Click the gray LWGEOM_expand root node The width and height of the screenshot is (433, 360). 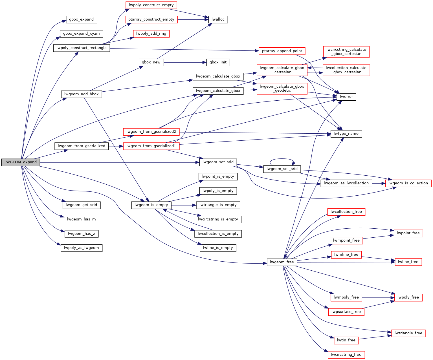[x=21, y=162]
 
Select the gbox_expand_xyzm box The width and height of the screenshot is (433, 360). [x=81, y=34]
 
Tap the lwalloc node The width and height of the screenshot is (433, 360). [x=218, y=19]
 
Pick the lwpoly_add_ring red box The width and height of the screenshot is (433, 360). [x=151, y=34]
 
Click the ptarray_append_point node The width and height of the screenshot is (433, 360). [x=282, y=51]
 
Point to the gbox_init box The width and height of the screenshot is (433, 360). [x=218, y=62]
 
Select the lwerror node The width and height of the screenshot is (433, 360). [x=346, y=97]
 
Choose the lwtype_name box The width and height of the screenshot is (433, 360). [x=346, y=134]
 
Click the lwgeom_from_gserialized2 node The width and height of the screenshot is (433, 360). [x=151, y=132]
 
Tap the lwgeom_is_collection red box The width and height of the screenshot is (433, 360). [x=408, y=183]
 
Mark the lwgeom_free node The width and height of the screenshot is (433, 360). [x=282, y=262]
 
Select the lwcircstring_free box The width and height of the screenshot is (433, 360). [x=346, y=355]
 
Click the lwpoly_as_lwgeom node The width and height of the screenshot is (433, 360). [x=81, y=248]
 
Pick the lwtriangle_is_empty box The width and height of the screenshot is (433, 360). [x=218, y=205]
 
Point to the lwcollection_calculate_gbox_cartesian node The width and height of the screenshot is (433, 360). [x=346, y=70]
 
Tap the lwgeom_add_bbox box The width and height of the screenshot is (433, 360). [x=81, y=94]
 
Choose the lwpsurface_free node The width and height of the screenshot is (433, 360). [x=346, y=312]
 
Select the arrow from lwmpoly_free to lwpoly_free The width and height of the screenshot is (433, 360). [x=378, y=297]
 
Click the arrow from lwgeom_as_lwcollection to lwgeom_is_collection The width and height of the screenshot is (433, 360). [x=379, y=183]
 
